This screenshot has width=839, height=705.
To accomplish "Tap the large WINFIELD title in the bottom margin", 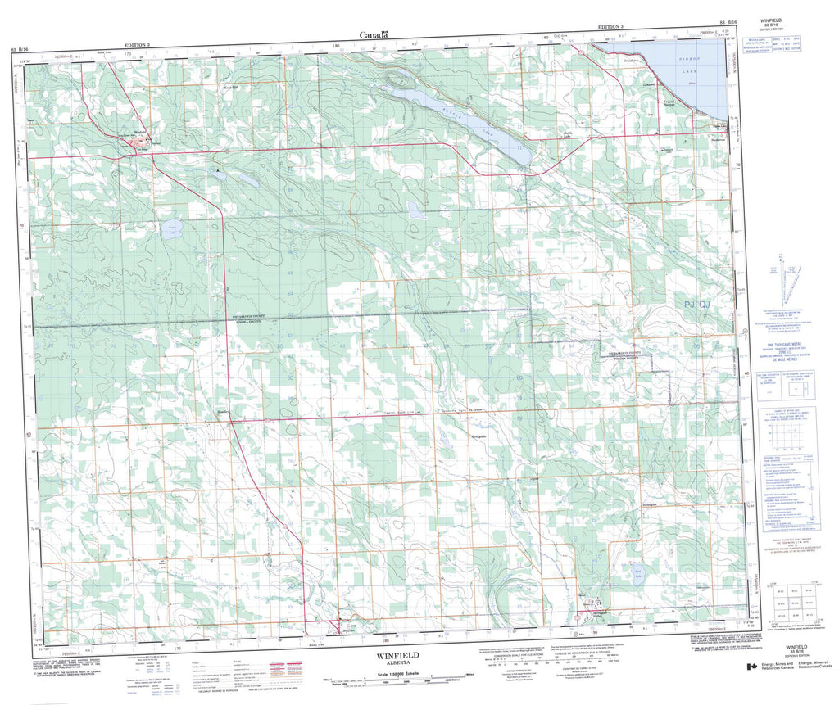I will tap(398, 656).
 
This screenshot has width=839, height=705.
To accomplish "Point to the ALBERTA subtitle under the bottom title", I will tap(397, 665).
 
